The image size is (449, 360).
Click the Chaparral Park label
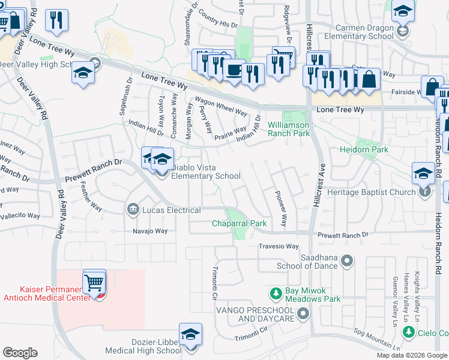pos(239,224)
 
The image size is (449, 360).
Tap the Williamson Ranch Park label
pos(288,130)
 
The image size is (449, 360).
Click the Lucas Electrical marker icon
pos(132,209)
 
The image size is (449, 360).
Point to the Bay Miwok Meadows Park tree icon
pos(276,293)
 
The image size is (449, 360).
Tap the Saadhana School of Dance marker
pos(346,260)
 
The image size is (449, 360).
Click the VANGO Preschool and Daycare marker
pos(304,313)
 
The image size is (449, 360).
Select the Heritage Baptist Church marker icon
pos(425,192)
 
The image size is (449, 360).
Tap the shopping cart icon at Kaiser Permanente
pos(94,281)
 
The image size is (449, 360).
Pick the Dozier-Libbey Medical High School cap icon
pos(190,334)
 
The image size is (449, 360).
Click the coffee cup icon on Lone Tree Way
pos(233,70)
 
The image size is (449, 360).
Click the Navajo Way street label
pos(150,231)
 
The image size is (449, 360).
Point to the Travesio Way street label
pos(279,247)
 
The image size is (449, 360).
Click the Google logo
pos(20,353)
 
